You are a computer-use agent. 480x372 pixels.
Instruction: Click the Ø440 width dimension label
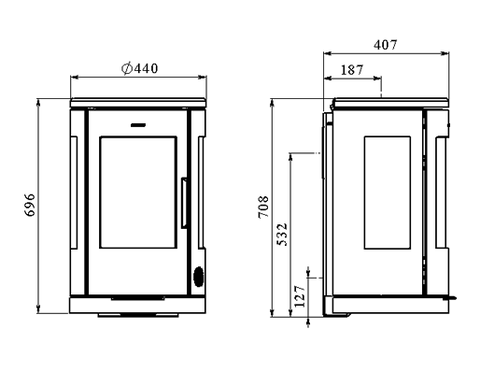tap(139, 68)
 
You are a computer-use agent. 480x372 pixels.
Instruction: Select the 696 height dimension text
tap(30, 205)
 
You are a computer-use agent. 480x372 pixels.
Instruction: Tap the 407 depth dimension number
tap(386, 45)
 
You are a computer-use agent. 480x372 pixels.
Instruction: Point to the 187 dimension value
tap(352, 70)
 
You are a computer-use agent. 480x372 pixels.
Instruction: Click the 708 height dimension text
tap(263, 207)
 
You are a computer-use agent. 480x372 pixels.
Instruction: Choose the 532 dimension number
tap(282, 235)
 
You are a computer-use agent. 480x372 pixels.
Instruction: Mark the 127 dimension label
tap(300, 296)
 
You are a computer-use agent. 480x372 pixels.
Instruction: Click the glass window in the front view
tap(138, 193)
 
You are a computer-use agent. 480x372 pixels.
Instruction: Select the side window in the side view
tap(388, 193)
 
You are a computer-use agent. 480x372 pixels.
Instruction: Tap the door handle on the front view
tap(184, 203)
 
